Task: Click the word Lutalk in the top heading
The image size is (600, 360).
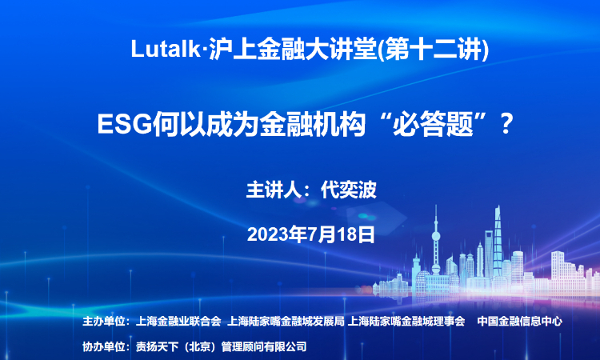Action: (166, 49)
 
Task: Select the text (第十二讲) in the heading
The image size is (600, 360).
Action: (433, 50)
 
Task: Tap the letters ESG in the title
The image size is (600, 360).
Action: (125, 123)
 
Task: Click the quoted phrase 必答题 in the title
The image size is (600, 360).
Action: (433, 124)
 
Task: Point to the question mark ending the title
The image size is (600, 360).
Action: (506, 123)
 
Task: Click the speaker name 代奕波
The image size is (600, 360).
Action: (349, 190)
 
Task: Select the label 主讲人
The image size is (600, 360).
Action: (274, 190)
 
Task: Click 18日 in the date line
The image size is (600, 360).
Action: (356, 234)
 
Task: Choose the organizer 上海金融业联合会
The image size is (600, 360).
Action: (178, 321)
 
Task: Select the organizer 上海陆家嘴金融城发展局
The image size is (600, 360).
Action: (286, 321)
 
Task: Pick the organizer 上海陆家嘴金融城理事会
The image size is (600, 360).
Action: (406, 321)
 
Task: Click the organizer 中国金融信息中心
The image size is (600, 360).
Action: (520, 321)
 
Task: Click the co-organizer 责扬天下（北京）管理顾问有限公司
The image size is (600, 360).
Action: (221, 346)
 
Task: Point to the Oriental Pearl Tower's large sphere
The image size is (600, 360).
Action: (436, 236)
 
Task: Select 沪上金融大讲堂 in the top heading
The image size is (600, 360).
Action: (293, 50)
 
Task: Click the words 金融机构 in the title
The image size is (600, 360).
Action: (313, 124)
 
